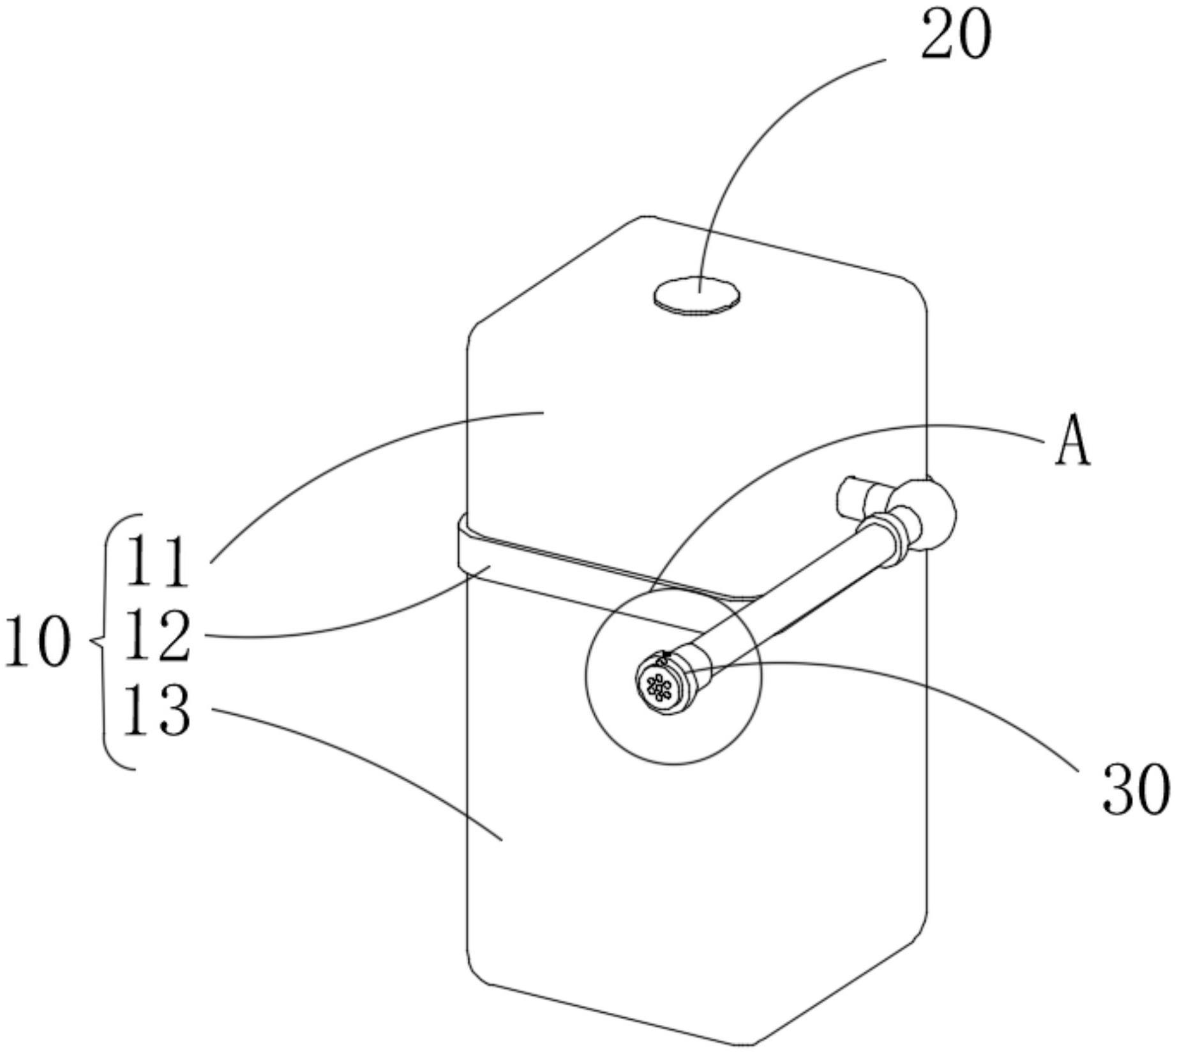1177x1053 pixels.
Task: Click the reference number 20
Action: tap(956, 36)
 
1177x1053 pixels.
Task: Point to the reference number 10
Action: tap(37, 642)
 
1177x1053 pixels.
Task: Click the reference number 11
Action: tap(157, 562)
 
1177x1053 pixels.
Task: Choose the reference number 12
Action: tap(157, 636)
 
